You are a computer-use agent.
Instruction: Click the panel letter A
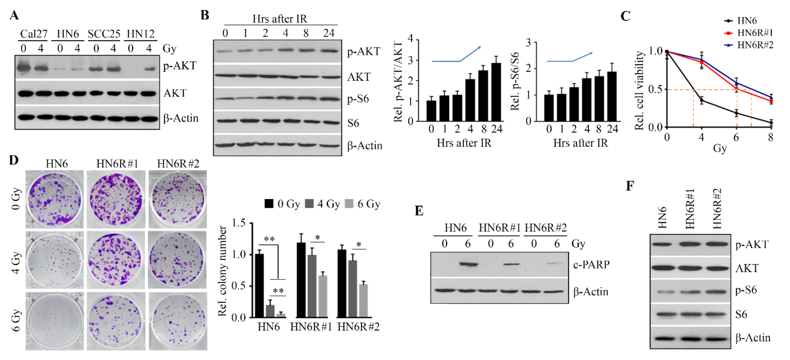click(x=14, y=15)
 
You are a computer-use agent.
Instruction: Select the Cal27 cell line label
click(x=34, y=34)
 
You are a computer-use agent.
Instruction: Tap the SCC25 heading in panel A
click(x=104, y=34)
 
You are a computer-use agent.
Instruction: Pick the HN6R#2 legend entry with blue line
click(x=755, y=45)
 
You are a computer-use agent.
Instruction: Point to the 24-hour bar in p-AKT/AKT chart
click(x=496, y=92)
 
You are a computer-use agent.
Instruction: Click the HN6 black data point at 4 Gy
click(x=702, y=100)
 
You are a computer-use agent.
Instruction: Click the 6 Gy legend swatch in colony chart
click(x=349, y=204)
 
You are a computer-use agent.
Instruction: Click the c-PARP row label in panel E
click(x=591, y=264)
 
